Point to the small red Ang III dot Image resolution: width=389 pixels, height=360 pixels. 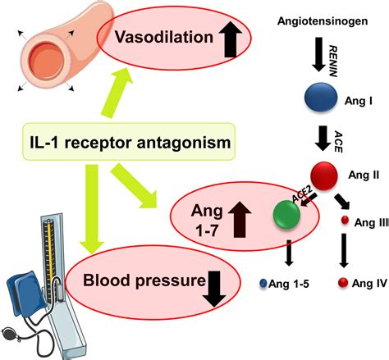tap(346, 221)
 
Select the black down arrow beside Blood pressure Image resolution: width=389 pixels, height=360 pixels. tap(218, 289)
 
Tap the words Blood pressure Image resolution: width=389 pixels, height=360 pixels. tap(144, 283)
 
